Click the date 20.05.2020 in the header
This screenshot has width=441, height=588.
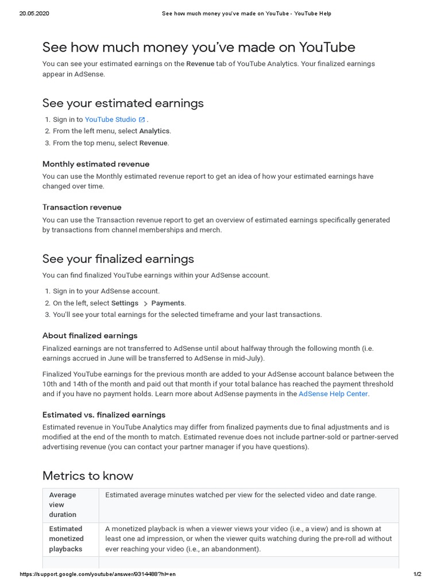pyautogui.click(x=34, y=13)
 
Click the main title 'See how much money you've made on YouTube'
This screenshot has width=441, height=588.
pyautogui.click(x=199, y=47)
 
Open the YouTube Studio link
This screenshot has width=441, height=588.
pyautogui.click(x=110, y=119)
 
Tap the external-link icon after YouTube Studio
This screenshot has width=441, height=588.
pyautogui.click(x=142, y=119)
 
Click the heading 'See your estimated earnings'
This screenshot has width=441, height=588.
pyautogui.click(x=123, y=103)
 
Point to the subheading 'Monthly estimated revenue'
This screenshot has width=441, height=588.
pyautogui.click(x=96, y=164)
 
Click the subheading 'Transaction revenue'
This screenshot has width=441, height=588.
pyautogui.click(x=82, y=207)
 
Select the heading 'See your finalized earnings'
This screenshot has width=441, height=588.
pyautogui.click(x=118, y=259)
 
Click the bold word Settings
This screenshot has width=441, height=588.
pyautogui.click(x=125, y=303)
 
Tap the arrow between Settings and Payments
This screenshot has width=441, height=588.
pyautogui.click(x=145, y=303)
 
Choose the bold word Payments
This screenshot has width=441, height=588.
pyautogui.click(x=168, y=303)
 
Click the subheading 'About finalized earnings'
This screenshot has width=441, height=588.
pyautogui.click(x=90, y=336)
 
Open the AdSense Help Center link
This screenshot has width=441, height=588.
pyautogui.click(x=333, y=394)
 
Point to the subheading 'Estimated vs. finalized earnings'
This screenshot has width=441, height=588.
pyautogui.click(x=104, y=415)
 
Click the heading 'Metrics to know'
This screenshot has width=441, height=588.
pyautogui.click(x=88, y=475)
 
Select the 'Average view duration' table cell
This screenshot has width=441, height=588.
pyautogui.click(x=63, y=505)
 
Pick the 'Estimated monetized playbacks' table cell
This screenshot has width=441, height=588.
pyautogui.click(x=66, y=539)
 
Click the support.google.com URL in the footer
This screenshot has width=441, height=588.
pyautogui.click(x=98, y=574)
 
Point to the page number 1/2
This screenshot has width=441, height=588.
pyautogui.click(x=417, y=574)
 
